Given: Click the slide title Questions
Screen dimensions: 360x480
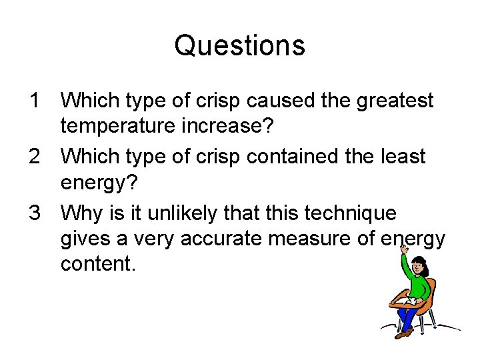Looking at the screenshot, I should [239, 46].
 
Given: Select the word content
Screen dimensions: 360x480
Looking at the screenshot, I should [98, 264].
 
